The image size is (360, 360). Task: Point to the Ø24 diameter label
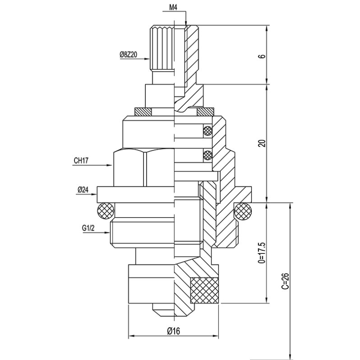tap(83, 190)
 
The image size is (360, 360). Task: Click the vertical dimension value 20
tap(262, 143)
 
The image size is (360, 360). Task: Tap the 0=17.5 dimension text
tap(262, 252)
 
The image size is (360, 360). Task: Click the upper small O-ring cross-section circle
tap(207, 131)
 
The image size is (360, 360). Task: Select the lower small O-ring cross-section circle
tap(207, 156)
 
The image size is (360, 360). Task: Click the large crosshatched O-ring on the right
tap(243, 211)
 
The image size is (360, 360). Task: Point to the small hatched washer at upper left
tap(142, 111)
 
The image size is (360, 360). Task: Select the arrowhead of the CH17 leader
tap(112, 166)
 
